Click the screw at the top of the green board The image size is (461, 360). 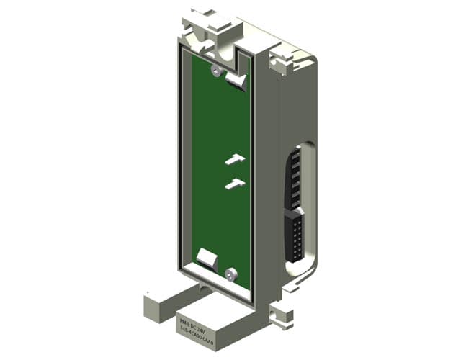pyautogui.click(x=215, y=70)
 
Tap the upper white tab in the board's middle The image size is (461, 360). pyautogui.click(x=236, y=158)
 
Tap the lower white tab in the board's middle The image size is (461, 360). pyautogui.click(x=235, y=184)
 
